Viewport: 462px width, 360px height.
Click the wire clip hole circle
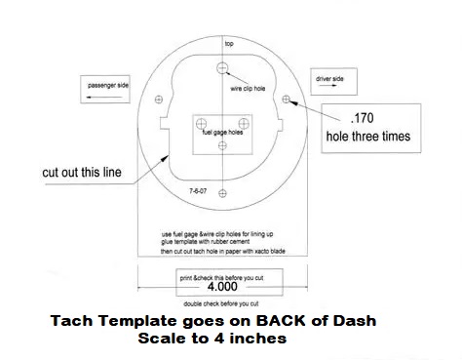pos(222,68)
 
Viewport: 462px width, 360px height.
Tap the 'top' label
pos(229,44)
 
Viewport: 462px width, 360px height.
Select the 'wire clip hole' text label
pos(248,89)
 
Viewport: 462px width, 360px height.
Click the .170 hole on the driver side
pos(286,99)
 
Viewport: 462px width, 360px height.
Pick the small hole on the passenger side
pos(159,100)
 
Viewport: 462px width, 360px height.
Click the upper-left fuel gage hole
pos(201,124)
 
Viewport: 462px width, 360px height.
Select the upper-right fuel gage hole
pos(244,124)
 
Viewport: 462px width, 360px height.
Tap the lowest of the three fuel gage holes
pos(222,145)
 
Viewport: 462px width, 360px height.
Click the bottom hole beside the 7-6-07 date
pos(222,193)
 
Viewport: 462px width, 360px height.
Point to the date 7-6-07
pos(198,191)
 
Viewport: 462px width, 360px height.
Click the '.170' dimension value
pos(363,118)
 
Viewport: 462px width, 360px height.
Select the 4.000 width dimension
pos(222,287)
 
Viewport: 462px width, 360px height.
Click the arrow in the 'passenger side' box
pos(104,97)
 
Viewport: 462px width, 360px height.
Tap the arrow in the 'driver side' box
pos(328,86)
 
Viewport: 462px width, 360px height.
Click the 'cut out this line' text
pos(82,172)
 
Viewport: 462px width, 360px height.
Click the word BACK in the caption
pos(281,321)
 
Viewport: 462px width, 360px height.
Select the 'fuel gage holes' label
pos(222,132)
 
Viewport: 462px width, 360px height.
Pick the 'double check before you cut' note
pos(221,303)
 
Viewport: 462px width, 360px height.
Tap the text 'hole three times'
pos(368,137)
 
